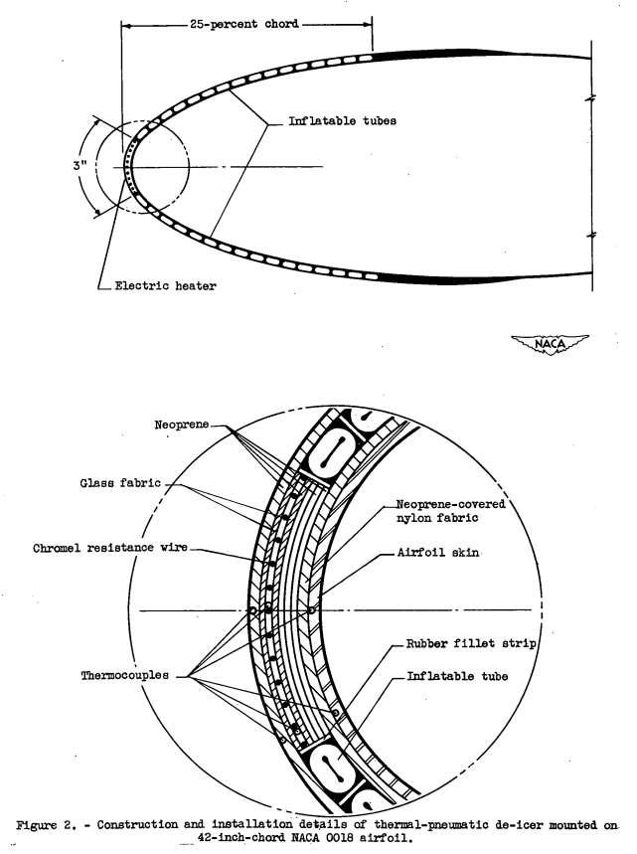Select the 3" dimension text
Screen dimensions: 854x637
click(x=79, y=165)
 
